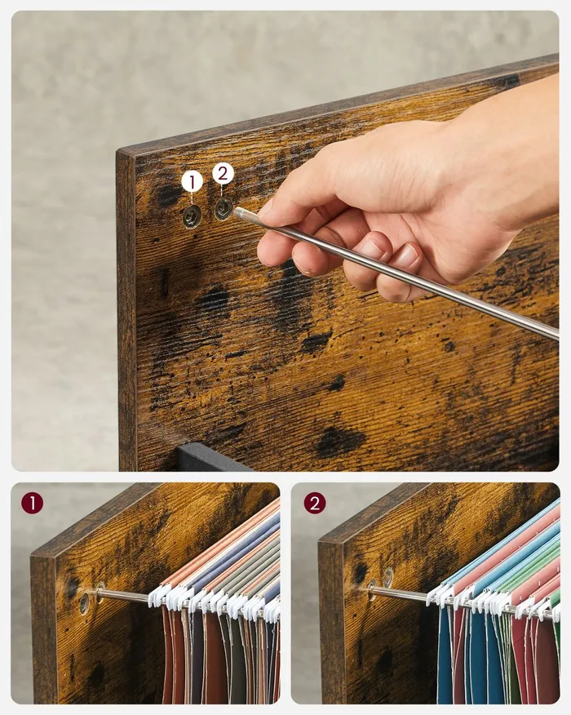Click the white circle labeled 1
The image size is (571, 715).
pyautogui.click(x=192, y=182)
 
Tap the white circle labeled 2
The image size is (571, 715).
pyautogui.click(x=223, y=173)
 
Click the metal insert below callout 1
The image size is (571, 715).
pyautogui.click(x=192, y=216)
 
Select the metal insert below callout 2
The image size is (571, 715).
pyautogui.click(x=224, y=209)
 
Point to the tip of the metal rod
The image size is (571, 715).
pyautogui.click(x=235, y=211)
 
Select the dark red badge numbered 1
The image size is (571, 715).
pyautogui.click(x=32, y=504)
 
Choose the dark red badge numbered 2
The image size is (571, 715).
pyautogui.click(x=315, y=504)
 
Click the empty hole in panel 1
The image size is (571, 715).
pyautogui.click(x=84, y=603)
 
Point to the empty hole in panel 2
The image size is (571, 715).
pyautogui.click(x=387, y=577)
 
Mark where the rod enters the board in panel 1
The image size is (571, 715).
pyautogui.click(x=100, y=593)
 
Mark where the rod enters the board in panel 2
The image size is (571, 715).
pyautogui.click(x=372, y=589)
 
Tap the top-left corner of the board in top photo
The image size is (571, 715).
pyautogui.click(x=117, y=150)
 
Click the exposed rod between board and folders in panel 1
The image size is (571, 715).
pyautogui.click(x=125, y=595)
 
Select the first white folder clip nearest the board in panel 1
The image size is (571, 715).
pyautogui.click(x=157, y=594)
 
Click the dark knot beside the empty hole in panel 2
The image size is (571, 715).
pyautogui.click(x=360, y=572)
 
